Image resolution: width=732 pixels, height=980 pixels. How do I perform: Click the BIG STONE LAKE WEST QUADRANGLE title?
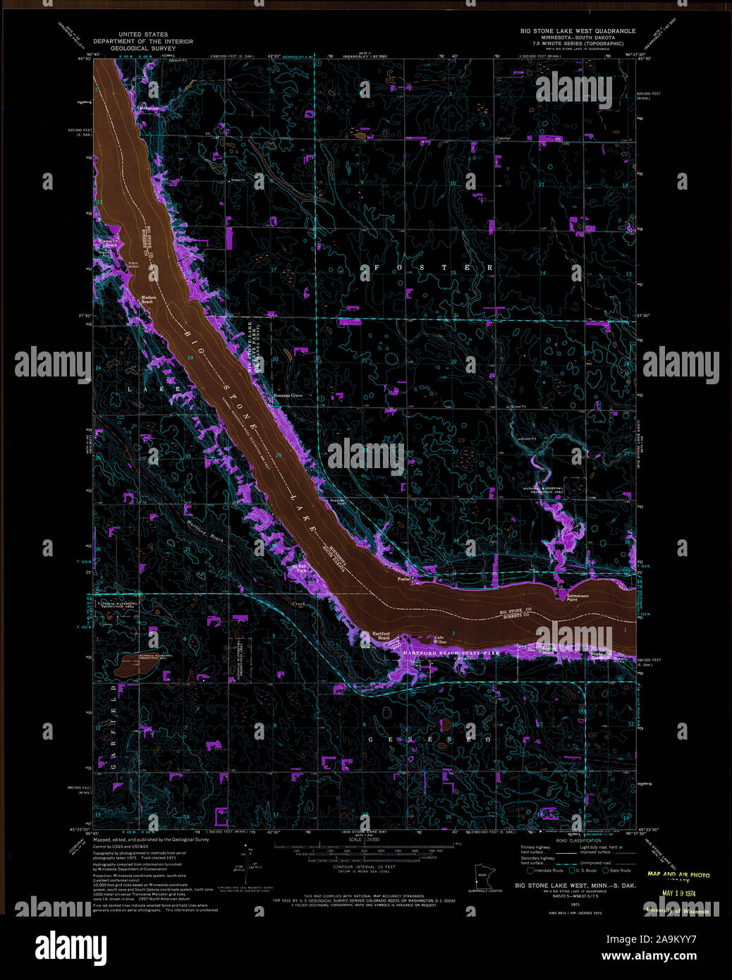pyautogui.click(x=578, y=31)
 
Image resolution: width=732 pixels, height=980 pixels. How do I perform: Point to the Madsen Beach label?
pyautogui.click(x=148, y=299)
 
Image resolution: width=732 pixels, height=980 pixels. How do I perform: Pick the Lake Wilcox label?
pyautogui.click(x=440, y=639)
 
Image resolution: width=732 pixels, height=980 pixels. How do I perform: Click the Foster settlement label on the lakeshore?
pyautogui.click(x=404, y=579)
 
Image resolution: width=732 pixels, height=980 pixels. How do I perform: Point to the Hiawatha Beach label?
pyautogui.click(x=107, y=242)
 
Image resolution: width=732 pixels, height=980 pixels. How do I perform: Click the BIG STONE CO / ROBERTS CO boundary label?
pyautogui.click(x=515, y=613)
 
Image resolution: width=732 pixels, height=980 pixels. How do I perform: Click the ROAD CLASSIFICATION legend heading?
pyautogui.click(x=579, y=841)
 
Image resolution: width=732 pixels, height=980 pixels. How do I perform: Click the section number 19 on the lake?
pyautogui.click(x=190, y=358)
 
